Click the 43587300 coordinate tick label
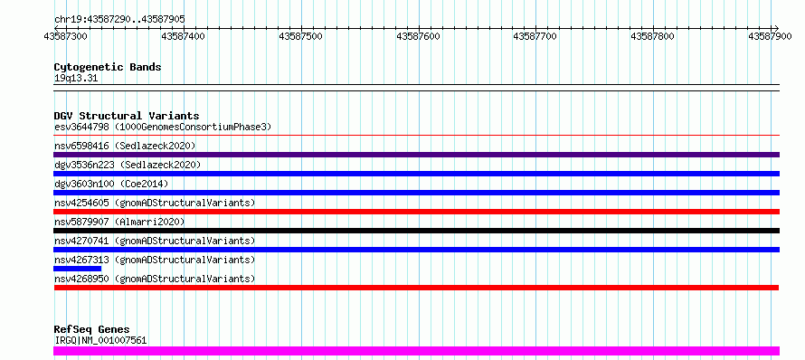[66, 36]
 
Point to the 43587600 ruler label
[419, 36]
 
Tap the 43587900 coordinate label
[770, 36]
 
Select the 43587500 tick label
[301, 36]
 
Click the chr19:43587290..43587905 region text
[119, 19]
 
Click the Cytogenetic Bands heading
[108, 67]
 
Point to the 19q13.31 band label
[75, 79]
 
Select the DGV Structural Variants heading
[127, 116]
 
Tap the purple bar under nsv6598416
[416, 155]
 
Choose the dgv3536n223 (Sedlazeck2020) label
[128, 165]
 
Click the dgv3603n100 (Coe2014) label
[111, 184]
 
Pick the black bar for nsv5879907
[416, 231]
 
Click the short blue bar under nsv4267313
[77, 269]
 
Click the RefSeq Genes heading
[92, 330]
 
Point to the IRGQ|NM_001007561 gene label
[100, 340]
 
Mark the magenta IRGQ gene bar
[416, 351]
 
